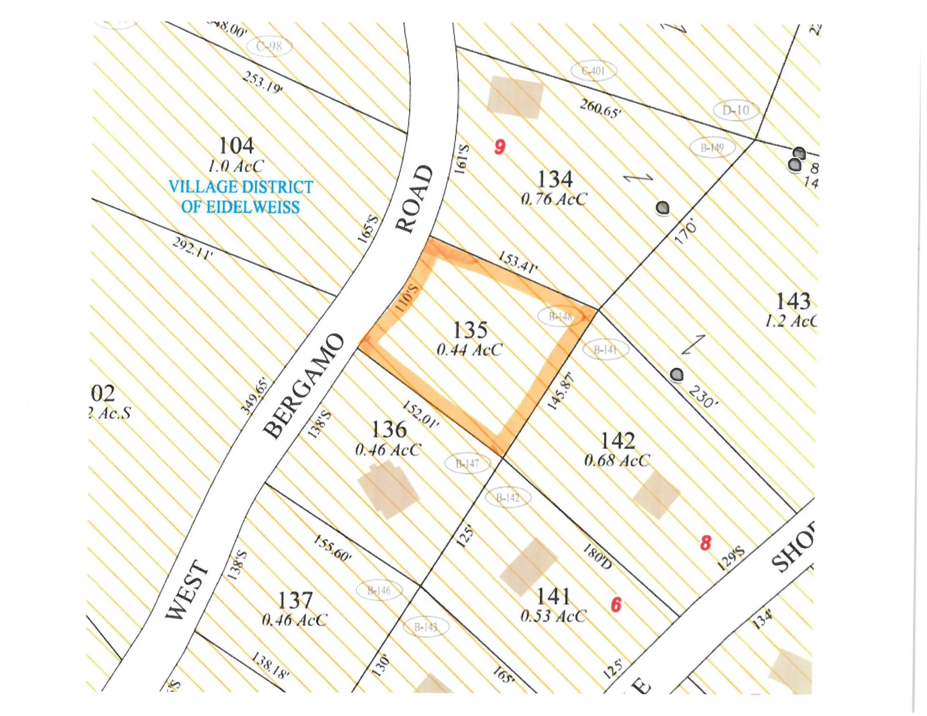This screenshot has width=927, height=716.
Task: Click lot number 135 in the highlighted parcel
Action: (x=470, y=330)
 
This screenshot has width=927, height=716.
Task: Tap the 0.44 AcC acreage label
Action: (x=469, y=350)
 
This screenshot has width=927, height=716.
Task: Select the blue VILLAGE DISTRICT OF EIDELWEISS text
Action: (x=240, y=197)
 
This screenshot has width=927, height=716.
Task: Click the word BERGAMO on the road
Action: (x=305, y=386)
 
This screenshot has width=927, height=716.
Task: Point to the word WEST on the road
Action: (x=187, y=590)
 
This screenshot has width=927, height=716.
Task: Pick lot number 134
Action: (x=555, y=179)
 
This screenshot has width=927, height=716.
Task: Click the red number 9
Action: (x=500, y=146)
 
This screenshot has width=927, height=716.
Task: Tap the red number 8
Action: (x=706, y=543)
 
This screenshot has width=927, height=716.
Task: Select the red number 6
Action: (x=616, y=604)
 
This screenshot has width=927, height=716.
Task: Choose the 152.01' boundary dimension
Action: (x=421, y=414)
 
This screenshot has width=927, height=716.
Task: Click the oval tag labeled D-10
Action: (x=736, y=111)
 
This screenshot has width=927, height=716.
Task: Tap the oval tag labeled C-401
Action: (x=593, y=71)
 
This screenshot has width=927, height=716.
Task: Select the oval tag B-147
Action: (x=467, y=463)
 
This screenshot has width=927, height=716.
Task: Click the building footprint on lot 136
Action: (x=388, y=489)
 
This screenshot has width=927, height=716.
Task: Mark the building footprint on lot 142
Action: (x=656, y=494)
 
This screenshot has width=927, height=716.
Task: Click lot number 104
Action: (x=236, y=145)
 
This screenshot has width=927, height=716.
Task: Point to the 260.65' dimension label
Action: (x=601, y=109)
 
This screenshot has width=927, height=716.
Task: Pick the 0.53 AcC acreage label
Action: (x=553, y=616)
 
